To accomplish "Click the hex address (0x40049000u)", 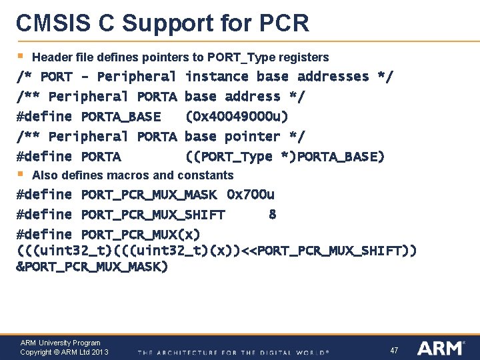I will pyautogui.click(x=237, y=117).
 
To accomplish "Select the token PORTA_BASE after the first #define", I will pyautogui.click(x=121, y=117).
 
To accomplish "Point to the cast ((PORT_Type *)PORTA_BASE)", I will pyautogui.click(x=285, y=157).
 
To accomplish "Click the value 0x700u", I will pyautogui.click(x=251, y=195).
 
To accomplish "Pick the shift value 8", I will pyautogui.click(x=272, y=215).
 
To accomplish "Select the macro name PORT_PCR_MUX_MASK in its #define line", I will pyautogui.click(x=149, y=195).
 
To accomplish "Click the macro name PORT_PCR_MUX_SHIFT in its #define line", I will pyautogui.click(x=153, y=215).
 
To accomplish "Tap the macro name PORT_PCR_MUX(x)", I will pyautogui.click(x=140, y=235).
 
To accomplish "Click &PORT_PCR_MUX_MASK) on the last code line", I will pyautogui.click(x=92, y=267).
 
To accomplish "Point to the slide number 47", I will pyautogui.click(x=394, y=350).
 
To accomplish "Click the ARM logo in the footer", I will pyautogui.click(x=441, y=348).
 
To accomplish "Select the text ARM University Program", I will pyautogui.click(x=60, y=343).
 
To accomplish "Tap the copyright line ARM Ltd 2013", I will pyautogui.click(x=64, y=352).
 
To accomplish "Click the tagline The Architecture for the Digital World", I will pyautogui.click(x=233, y=352).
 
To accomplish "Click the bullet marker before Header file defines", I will pyautogui.click(x=21, y=56).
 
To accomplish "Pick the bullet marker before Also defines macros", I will pyautogui.click(x=21, y=174).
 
